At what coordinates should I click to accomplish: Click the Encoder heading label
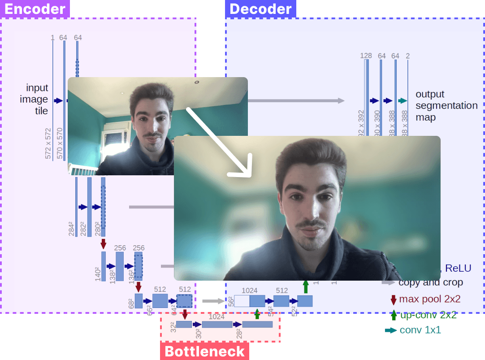(x=35, y=9)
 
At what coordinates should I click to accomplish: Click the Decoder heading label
(x=260, y=9)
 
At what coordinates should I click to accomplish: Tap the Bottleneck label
(x=204, y=351)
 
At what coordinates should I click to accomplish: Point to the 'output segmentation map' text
(x=446, y=106)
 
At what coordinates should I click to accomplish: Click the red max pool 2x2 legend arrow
(x=394, y=299)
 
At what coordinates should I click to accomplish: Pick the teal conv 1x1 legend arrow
(x=390, y=330)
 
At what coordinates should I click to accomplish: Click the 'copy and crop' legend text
(x=430, y=283)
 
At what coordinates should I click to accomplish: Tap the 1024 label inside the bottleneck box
(x=217, y=317)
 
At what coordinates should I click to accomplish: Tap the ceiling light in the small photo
(x=197, y=82)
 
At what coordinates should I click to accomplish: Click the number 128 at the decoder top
(x=366, y=56)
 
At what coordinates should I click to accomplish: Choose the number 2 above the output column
(x=407, y=56)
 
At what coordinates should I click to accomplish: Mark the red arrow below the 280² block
(x=104, y=243)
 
